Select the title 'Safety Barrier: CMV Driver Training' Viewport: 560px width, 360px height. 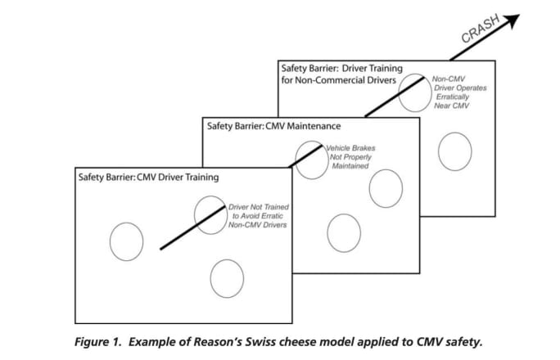[148, 176]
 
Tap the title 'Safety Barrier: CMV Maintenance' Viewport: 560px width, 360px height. [273, 126]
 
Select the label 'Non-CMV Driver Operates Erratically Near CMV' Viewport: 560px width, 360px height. [454, 92]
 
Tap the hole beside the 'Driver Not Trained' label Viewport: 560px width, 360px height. [210, 214]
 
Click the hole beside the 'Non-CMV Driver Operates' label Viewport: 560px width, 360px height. [414, 92]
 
